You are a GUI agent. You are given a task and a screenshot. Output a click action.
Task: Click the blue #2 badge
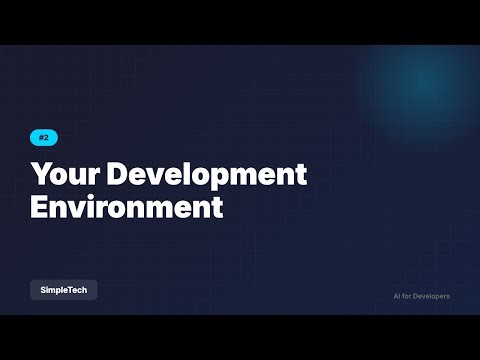[x=44, y=138]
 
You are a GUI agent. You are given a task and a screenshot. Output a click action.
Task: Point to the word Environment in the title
[x=126, y=208]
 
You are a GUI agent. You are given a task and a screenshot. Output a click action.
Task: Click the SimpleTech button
[x=63, y=289]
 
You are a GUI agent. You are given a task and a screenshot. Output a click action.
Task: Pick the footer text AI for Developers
[x=422, y=296]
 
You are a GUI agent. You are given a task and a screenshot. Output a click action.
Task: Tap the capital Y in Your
[x=41, y=174]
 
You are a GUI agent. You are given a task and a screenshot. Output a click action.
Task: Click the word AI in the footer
[x=398, y=296]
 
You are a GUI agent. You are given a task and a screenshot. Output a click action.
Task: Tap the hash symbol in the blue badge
[x=41, y=138]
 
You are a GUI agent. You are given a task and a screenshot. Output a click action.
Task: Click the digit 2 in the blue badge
[x=47, y=138]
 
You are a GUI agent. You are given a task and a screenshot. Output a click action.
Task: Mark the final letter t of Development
[x=301, y=174]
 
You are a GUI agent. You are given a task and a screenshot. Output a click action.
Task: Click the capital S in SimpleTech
[x=43, y=289]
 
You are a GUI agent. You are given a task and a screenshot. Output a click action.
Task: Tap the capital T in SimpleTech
[x=70, y=289]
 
